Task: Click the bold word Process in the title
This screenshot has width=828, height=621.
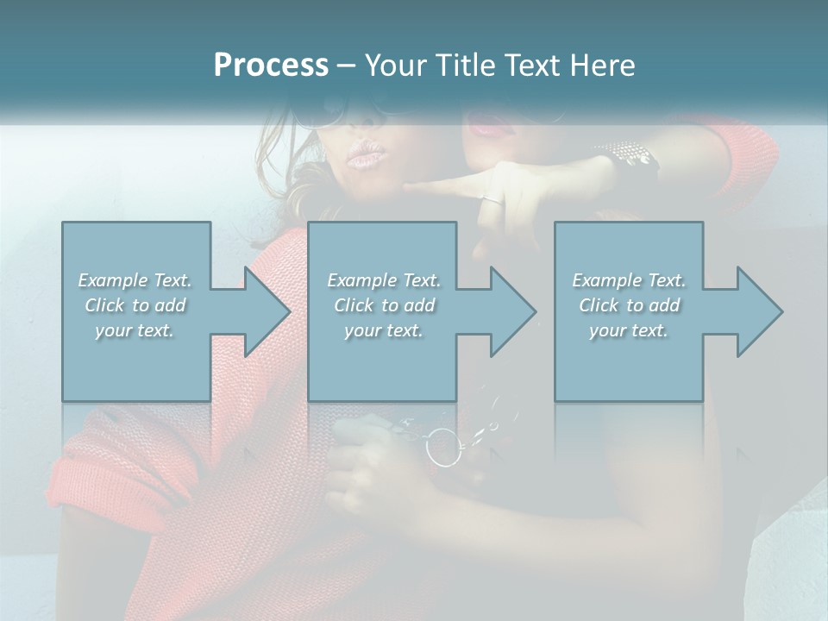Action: click(271, 66)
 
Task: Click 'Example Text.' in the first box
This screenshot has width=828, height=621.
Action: click(135, 280)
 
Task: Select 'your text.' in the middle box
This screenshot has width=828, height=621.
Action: click(383, 330)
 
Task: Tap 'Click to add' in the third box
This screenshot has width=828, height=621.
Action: click(629, 305)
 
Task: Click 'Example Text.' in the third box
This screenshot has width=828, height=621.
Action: click(629, 280)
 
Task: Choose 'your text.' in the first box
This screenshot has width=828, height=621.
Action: click(135, 330)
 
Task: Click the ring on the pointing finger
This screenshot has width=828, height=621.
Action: click(491, 199)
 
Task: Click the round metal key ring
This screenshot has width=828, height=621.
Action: click(444, 447)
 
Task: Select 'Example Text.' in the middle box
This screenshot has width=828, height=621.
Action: click(383, 280)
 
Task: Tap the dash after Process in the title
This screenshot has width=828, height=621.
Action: click(347, 66)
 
